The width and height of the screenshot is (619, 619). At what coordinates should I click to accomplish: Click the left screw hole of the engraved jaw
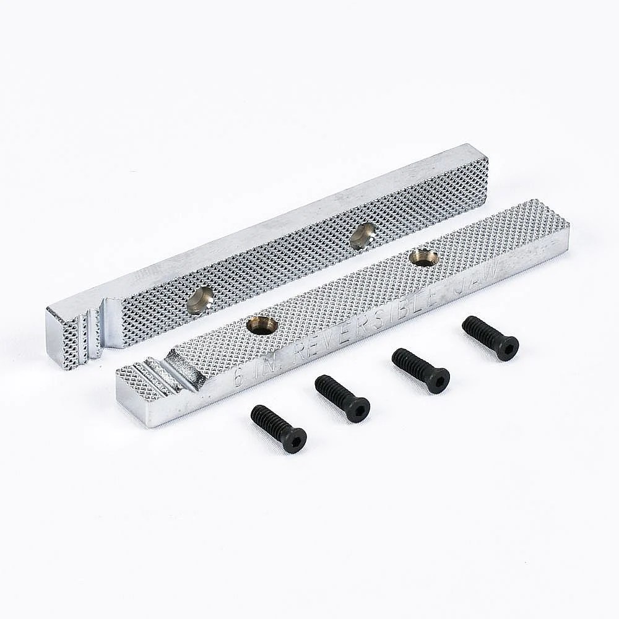262,324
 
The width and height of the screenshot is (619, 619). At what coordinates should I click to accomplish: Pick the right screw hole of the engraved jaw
424,257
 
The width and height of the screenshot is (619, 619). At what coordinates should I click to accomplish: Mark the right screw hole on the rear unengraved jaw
363,235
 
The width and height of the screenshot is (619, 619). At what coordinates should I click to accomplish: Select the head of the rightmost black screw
506,348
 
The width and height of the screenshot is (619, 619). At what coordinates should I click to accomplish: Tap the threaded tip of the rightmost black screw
470,324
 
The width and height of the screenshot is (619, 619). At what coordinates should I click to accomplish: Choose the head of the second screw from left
357,409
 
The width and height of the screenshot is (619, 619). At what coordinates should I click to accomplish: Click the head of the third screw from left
436,379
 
